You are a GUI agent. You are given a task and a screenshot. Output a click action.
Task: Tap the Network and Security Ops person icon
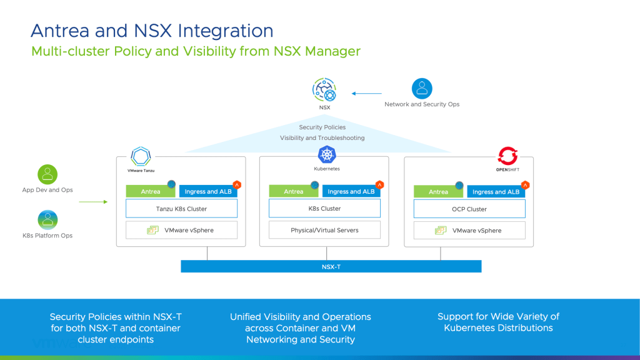click(x=422, y=88)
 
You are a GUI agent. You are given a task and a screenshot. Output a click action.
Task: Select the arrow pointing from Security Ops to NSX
click(x=362, y=94)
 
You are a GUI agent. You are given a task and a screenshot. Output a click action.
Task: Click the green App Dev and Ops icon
click(x=47, y=174)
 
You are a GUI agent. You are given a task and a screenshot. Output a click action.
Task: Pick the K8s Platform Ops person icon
click(x=47, y=219)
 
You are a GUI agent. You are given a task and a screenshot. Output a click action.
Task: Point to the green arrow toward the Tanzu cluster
click(x=94, y=202)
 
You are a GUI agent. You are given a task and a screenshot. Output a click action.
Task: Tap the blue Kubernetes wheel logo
click(x=327, y=154)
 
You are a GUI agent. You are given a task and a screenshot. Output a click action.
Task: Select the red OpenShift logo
click(x=507, y=156)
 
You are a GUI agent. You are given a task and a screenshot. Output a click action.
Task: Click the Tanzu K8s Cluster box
click(x=181, y=209)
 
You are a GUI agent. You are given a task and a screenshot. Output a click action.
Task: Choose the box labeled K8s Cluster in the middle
click(x=324, y=209)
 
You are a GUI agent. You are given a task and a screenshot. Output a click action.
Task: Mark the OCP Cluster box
click(x=469, y=209)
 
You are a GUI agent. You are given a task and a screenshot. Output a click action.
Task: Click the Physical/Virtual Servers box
click(x=324, y=230)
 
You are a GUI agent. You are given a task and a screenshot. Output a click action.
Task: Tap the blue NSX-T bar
click(x=331, y=266)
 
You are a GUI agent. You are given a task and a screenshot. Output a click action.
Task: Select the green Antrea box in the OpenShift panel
click(x=438, y=192)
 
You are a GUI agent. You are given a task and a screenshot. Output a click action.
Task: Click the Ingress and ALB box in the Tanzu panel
click(x=208, y=192)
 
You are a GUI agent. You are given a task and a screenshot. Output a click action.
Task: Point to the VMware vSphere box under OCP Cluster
click(x=469, y=230)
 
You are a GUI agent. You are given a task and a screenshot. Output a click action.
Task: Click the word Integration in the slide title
click(x=226, y=31)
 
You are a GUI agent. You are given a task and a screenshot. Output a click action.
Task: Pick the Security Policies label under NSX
click(x=322, y=127)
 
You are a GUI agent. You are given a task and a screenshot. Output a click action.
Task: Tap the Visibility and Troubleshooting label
click(x=322, y=138)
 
